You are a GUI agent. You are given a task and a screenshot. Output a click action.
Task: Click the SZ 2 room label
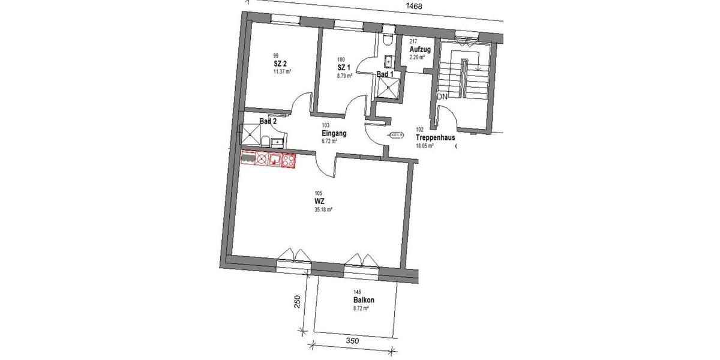(280, 63)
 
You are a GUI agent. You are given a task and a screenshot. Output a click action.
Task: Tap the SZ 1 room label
(344, 68)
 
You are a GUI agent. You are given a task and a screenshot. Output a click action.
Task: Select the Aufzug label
(419, 49)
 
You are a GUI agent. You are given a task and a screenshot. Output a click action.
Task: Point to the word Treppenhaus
(435, 137)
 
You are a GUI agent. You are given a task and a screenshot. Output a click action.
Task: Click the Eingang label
(334, 133)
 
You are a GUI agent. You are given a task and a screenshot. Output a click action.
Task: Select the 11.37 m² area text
(281, 71)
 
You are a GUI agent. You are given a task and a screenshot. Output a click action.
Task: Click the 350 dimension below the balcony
(352, 341)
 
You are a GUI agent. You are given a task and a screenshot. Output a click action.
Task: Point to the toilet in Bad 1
(388, 39)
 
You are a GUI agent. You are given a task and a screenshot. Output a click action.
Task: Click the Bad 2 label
(268, 121)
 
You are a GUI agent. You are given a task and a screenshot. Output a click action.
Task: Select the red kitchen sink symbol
(275, 160)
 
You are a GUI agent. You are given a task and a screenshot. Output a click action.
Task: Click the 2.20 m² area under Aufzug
(417, 58)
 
